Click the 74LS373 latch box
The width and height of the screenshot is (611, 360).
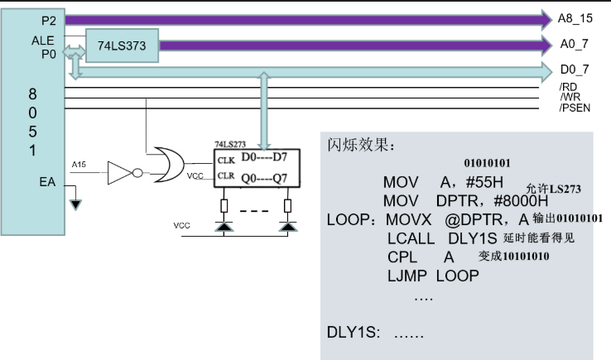click(x=122, y=46)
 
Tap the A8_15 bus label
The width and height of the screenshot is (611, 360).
click(x=575, y=18)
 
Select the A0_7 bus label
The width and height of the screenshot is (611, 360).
click(x=574, y=44)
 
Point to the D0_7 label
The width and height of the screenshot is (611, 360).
click(x=575, y=70)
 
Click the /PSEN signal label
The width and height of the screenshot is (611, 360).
click(x=575, y=108)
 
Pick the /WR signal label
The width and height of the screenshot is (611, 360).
click(x=570, y=97)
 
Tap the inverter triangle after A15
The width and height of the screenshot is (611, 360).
click(x=120, y=173)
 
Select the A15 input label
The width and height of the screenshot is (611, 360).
click(x=79, y=165)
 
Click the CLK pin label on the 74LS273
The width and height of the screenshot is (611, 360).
click(x=226, y=161)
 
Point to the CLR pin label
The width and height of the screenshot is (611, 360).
click(x=226, y=175)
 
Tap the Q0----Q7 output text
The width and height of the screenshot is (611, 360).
click(x=264, y=179)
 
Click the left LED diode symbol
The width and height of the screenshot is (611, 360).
click(x=224, y=227)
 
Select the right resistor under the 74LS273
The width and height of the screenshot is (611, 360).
click(x=287, y=206)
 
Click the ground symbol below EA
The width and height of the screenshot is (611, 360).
click(x=75, y=204)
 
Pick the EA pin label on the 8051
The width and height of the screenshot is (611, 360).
click(x=47, y=182)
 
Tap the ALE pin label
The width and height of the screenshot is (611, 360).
click(x=43, y=41)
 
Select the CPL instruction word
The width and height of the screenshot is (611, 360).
click(x=402, y=257)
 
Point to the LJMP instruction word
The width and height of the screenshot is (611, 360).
click(x=407, y=276)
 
